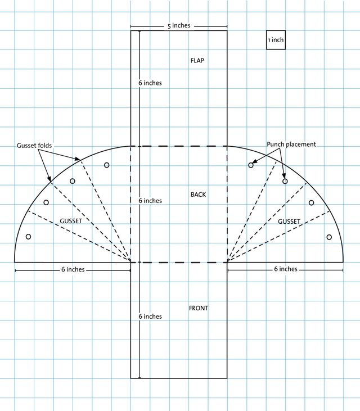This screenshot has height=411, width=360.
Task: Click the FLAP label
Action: [197, 61]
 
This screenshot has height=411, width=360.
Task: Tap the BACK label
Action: [198, 195]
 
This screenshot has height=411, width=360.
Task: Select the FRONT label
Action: [199, 308]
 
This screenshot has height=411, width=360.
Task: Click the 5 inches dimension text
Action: [179, 26]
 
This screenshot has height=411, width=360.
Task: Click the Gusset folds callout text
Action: [34, 146]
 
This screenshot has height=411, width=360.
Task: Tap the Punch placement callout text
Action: [291, 144]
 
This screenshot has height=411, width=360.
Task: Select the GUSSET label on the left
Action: [71, 221]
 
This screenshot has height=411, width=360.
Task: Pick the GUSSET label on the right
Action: [289, 222]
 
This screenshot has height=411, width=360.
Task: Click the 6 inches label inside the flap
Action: [150, 83]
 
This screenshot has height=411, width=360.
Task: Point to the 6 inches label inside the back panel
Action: [150, 201]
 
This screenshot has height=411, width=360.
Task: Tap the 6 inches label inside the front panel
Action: [150, 317]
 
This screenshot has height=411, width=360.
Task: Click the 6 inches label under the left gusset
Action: [73, 269]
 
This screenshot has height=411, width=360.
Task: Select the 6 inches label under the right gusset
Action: [286, 269]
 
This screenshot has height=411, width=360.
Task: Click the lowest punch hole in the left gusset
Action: [28, 237]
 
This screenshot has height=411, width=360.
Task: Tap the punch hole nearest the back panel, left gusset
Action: [106, 165]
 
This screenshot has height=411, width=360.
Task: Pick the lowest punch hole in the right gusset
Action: [329, 237]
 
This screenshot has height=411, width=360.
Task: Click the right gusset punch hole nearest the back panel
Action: [251, 165]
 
